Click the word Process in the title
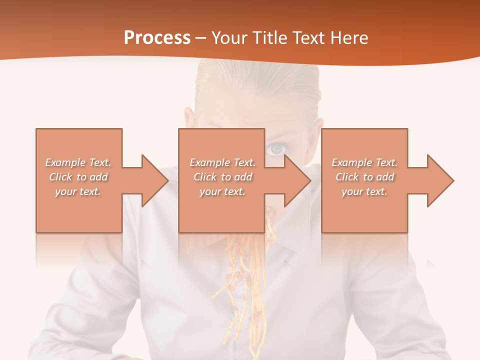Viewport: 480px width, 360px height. click(x=157, y=38)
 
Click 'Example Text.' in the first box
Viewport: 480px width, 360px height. click(x=78, y=162)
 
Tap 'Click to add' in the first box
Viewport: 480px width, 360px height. click(x=78, y=177)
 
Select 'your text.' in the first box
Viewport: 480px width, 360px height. click(x=78, y=191)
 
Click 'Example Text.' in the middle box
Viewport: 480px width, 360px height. click(x=222, y=162)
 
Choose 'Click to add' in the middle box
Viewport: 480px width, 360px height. click(x=222, y=177)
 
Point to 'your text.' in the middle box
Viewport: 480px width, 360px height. click(x=222, y=191)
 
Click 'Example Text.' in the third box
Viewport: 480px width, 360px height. click(x=364, y=162)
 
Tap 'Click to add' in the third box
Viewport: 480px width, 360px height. click(x=364, y=177)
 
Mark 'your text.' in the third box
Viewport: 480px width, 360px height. click(x=364, y=191)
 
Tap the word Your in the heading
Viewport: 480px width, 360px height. click(x=231, y=38)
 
